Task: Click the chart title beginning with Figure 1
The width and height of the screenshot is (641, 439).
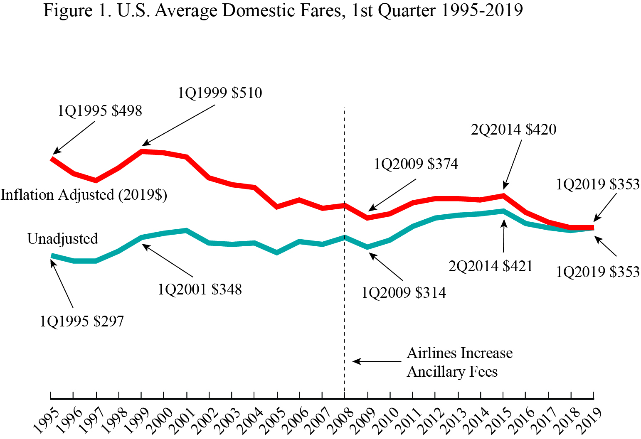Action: point(283,11)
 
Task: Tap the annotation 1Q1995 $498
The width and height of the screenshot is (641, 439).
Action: point(100,111)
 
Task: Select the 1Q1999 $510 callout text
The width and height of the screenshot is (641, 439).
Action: point(220,93)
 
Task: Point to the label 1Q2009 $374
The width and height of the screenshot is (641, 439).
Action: point(416,164)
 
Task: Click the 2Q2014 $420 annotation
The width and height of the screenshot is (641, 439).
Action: point(513,130)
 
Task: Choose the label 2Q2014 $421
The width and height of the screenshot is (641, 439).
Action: point(491,266)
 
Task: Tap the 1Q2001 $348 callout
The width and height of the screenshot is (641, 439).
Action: point(200,289)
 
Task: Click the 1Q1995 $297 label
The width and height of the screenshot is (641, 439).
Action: point(82,321)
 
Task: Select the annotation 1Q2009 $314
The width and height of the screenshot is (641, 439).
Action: point(404,293)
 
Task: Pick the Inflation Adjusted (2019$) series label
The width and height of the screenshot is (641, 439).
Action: point(84,195)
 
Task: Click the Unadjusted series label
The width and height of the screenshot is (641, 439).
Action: point(63,239)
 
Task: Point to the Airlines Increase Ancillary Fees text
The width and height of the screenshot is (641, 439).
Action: point(459,362)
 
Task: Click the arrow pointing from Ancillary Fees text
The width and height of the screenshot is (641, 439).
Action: point(376,361)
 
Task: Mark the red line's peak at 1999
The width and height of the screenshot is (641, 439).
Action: point(142,152)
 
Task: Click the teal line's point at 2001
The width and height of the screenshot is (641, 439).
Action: point(187,231)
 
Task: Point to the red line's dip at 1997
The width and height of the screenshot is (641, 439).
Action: point(96,180)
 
